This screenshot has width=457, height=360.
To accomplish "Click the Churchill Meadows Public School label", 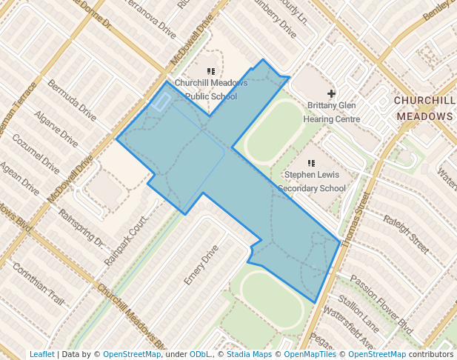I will (210, 89).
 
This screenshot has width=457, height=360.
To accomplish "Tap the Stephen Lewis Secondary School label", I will (311, 182).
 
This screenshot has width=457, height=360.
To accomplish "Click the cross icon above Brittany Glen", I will (331, 93).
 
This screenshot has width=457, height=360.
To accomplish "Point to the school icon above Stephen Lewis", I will (311, 162).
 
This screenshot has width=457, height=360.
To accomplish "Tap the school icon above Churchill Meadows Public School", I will (211, 72).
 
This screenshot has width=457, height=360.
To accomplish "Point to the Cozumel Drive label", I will (35, 152).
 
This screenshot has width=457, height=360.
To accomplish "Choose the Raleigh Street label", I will (406, 233).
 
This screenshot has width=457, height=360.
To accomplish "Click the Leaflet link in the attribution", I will (41, 354).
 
